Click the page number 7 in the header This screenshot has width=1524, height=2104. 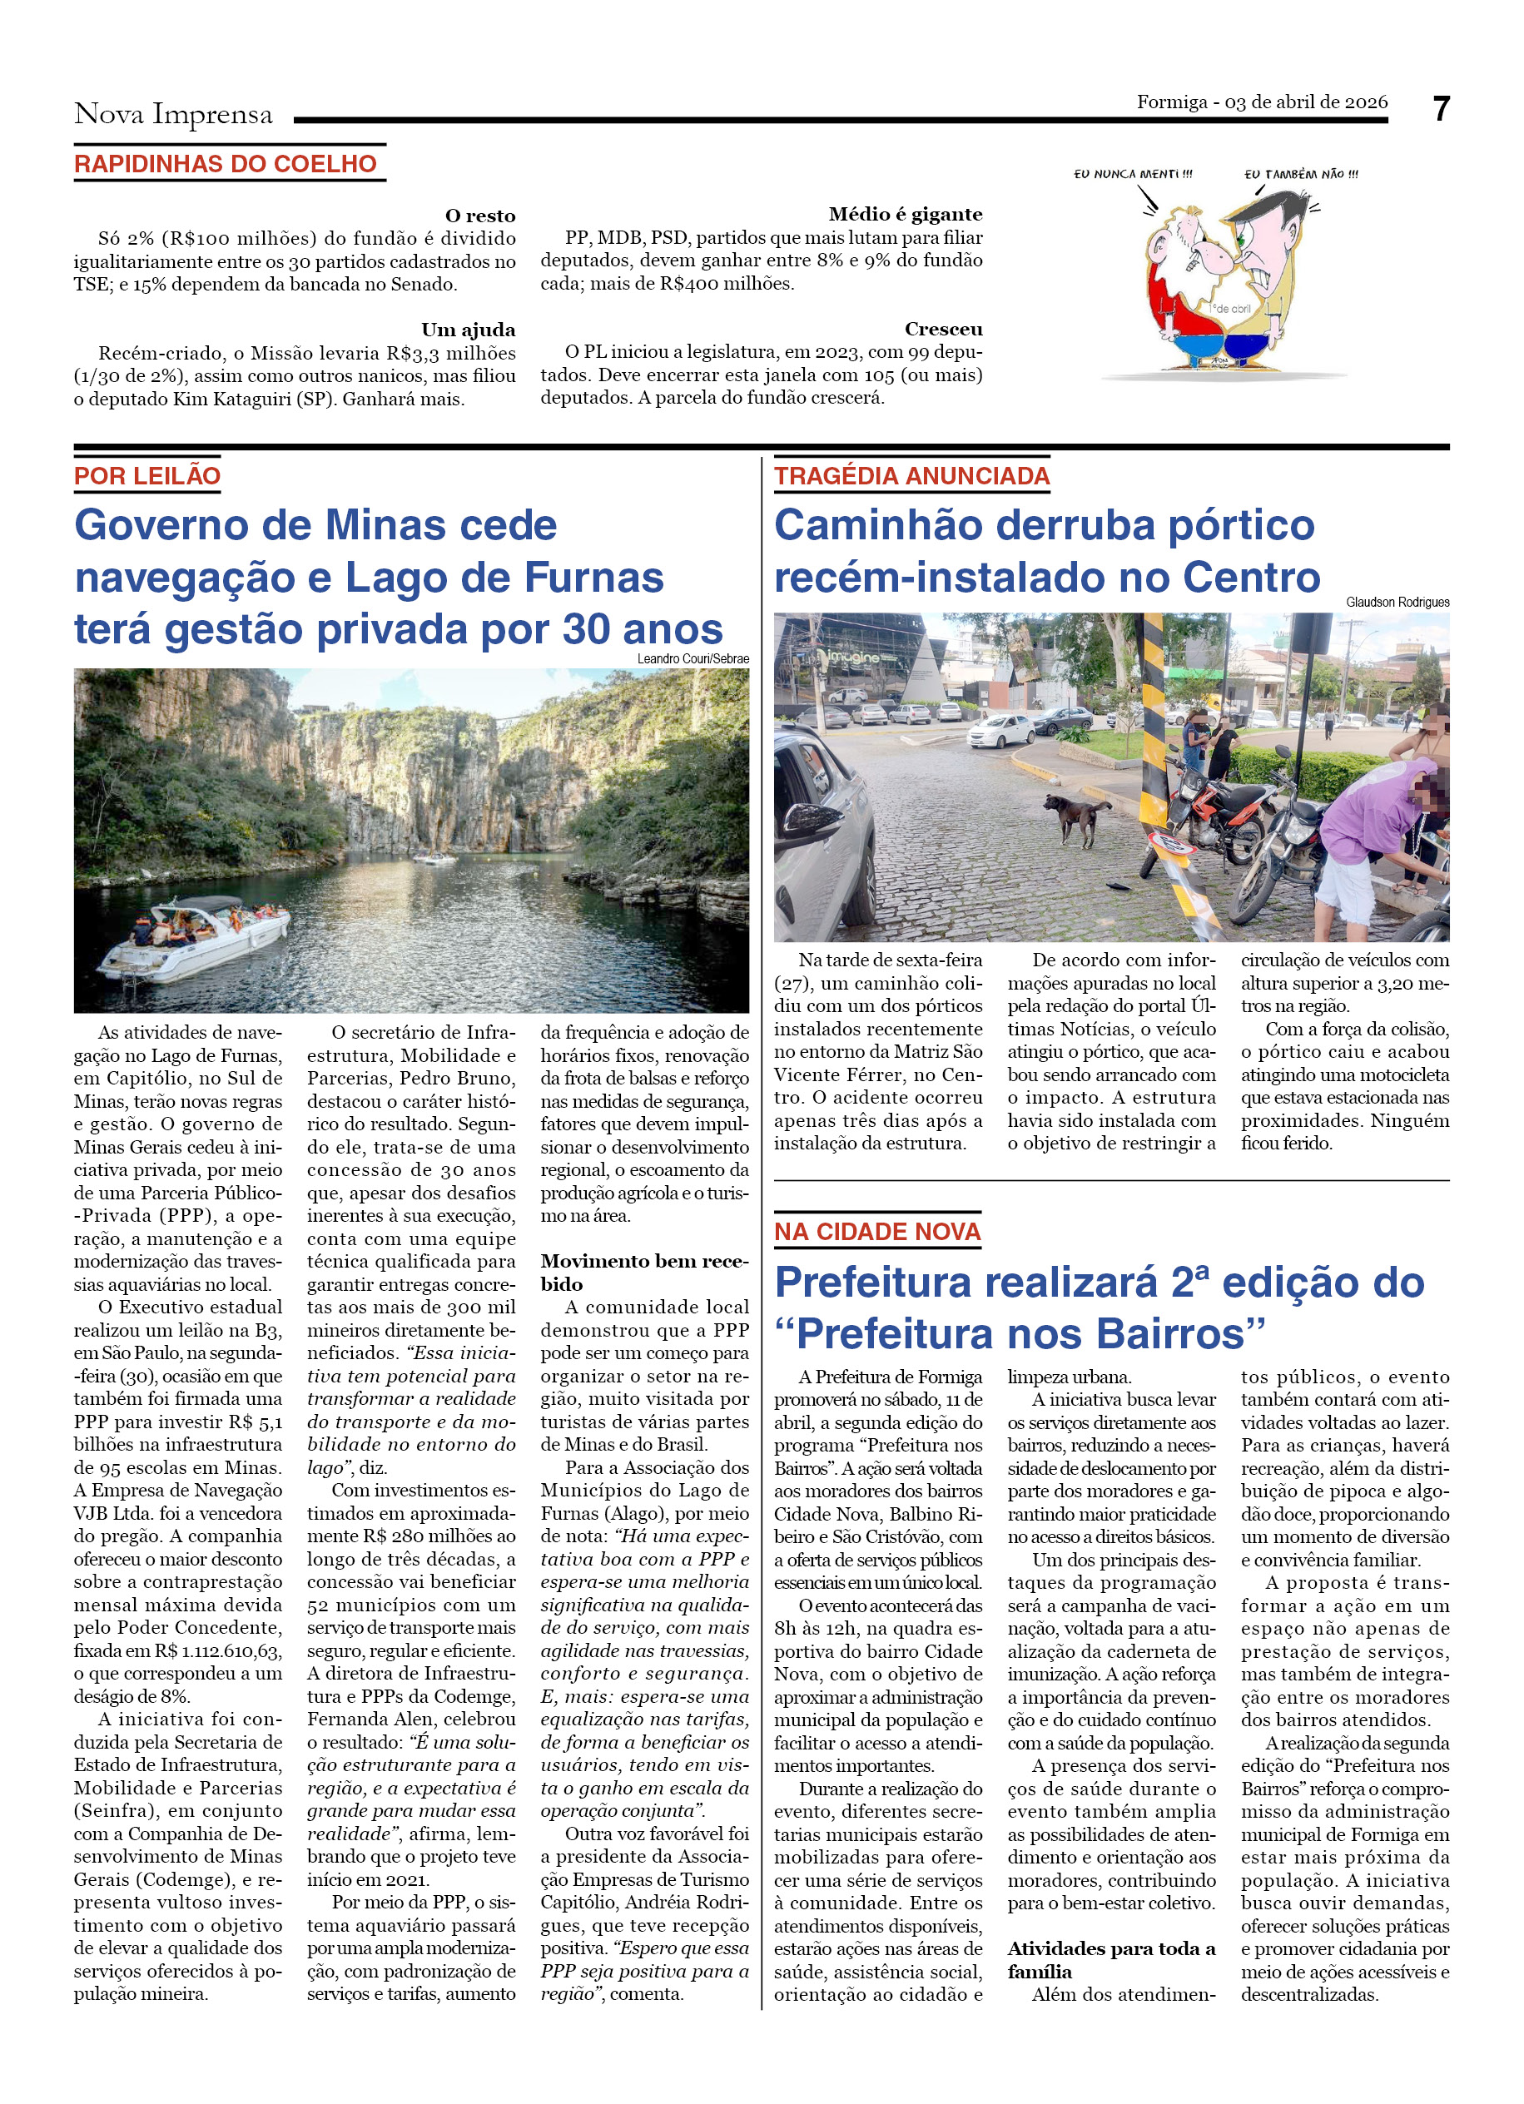(1440, 110)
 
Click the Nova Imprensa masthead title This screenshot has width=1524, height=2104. (173, 114)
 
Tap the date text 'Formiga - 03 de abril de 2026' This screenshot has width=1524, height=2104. (1262, 102)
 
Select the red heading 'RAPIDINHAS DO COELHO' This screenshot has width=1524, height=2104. (226, 164)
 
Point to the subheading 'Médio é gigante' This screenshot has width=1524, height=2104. (905, 214)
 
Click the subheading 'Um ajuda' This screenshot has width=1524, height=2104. (468, 330)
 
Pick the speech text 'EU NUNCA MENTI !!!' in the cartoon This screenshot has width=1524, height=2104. (1133, 173)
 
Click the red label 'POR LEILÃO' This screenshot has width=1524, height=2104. (147, 476)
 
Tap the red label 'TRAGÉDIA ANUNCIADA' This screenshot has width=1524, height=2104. (911, 476)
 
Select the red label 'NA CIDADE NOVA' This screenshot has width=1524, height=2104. (876, 1231)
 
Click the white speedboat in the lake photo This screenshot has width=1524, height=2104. (195, 939)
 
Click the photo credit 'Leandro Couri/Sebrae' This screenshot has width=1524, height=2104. (692, 658)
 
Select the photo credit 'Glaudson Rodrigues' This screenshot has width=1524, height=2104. (1397, 602)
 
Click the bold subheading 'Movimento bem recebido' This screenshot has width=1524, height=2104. (643, 1272)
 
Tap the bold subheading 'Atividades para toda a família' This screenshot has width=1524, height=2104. (1110, 1959)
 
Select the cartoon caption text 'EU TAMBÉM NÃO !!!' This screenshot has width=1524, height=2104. (1300, 173)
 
